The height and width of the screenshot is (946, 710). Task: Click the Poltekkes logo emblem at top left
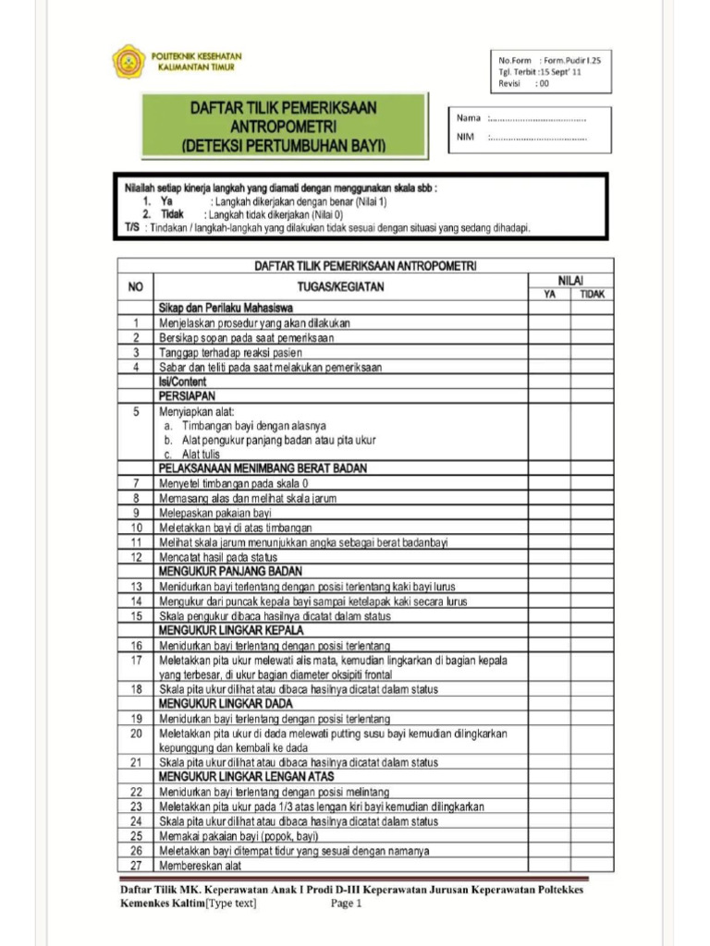tap(129, 61)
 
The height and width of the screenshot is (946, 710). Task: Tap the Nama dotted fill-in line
tap(537, 118)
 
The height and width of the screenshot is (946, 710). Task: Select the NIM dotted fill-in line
tap(537, 139)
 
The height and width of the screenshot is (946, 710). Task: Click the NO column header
tap(135, 286)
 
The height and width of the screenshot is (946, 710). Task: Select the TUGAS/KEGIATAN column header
tap(340, 287)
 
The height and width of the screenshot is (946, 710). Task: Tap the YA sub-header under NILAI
tap(550, 294)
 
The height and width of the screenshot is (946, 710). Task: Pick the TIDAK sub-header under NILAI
tap(592, 294)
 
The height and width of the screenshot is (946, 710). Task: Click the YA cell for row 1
tap(550, 322)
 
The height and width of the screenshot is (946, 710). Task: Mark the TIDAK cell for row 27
tap(592, 866)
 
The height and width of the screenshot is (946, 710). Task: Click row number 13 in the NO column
tap(135, 587)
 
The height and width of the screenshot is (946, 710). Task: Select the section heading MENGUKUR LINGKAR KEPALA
tap(229, 630)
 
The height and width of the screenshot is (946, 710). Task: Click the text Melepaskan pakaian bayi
tap(214, 513)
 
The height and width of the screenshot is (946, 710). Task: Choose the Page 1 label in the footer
tap(347, 904)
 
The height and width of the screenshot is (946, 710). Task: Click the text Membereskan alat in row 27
tap(200, 866)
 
